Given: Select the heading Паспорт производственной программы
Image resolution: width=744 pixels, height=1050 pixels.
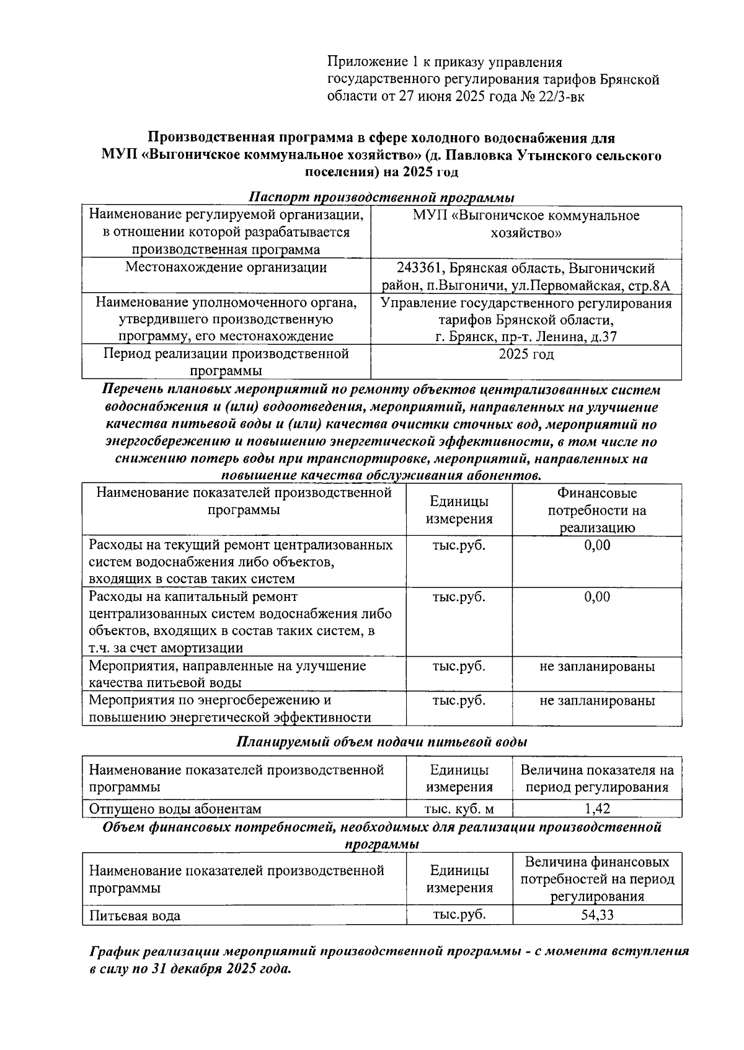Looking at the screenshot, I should point(381,198).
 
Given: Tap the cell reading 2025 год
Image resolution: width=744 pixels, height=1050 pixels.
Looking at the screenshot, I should point(526,355).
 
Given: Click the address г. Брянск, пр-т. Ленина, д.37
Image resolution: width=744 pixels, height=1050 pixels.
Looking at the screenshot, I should point(526,337).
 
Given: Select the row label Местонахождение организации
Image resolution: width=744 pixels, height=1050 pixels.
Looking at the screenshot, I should point(226,268).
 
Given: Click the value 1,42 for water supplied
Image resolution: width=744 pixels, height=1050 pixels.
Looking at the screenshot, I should point(597,809).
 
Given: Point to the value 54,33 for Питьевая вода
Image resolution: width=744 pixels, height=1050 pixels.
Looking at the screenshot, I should point(597,915).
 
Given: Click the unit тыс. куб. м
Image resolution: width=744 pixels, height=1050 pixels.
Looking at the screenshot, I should point(459,809).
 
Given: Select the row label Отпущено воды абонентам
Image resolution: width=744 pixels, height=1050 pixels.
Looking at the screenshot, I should point(175,809).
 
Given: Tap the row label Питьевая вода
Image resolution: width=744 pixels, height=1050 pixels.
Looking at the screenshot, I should point(135,915).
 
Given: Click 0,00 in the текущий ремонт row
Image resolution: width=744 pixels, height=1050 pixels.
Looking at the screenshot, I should point(597,545).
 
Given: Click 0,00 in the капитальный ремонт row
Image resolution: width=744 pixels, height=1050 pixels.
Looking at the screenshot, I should point(597,597).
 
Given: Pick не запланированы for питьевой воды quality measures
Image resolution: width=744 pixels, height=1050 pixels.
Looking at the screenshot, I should point(597,667).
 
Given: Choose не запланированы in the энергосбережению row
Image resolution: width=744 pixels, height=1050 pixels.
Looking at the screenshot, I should point(597,701).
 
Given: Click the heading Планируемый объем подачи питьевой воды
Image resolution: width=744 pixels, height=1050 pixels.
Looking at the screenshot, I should point(381,742).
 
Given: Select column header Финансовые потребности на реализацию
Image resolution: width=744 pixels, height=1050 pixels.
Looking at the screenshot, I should point(597,510).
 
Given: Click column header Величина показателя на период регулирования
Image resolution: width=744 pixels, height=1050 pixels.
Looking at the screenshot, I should point(597,779).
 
